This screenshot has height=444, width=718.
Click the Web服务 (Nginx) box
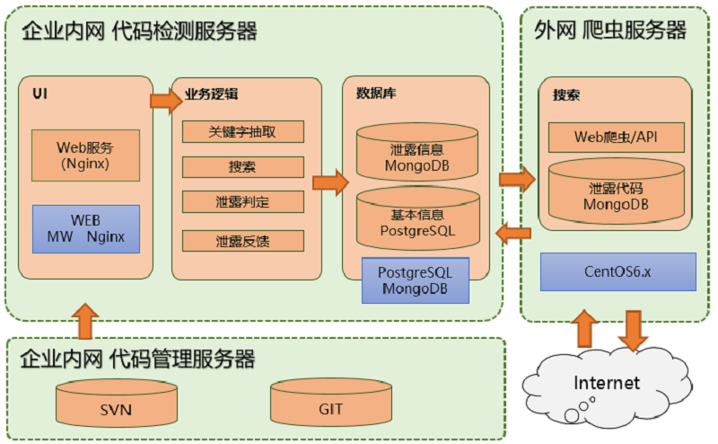click(85, 155)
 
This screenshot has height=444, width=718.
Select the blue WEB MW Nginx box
click(85, 228)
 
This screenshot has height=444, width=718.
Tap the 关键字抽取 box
click(242, 131)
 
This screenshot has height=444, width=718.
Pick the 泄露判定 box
click(242, 202)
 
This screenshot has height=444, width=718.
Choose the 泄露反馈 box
click(242, 240)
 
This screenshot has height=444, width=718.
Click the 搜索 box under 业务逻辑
click(242, 167)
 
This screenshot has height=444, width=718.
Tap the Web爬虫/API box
click(617, 138)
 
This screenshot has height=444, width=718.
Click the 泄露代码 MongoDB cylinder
click(617, 194)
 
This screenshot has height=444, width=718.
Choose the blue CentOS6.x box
click(617, 271)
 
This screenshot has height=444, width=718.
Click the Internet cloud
click(607, 383)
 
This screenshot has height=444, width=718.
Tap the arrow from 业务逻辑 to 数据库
click(329, 182)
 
